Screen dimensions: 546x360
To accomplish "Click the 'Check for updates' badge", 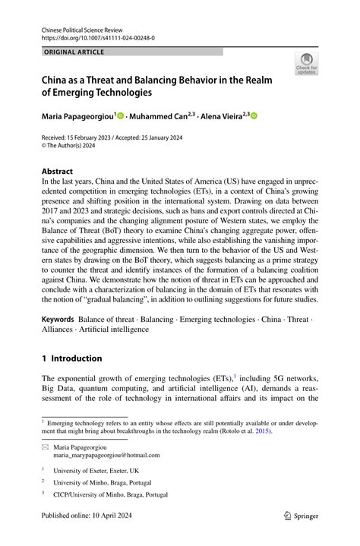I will tap(306, 64).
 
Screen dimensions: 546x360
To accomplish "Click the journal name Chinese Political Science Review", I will tap(81, 27).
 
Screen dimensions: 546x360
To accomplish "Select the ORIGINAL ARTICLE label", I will tap(74, 52).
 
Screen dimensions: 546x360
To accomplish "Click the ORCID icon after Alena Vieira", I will tap(254, 115).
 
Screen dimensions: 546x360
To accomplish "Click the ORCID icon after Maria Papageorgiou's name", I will tap(120, 115).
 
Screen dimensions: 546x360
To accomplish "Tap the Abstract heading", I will tap(58, 172).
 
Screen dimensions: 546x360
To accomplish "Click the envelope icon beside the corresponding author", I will tap(46, 447).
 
